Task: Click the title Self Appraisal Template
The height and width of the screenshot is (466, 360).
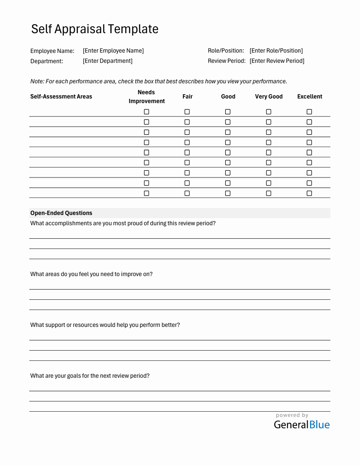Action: [95, 29]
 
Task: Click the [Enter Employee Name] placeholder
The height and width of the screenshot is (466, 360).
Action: [113, 51]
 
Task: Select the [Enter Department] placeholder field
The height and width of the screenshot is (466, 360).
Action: [108, 61]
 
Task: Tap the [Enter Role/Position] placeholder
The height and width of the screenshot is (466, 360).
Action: [276, 51]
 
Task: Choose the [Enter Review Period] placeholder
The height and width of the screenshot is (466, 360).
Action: [277, 61]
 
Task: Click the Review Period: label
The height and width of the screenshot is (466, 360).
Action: [227, 61]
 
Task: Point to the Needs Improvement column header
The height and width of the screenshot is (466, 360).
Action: [146, 97]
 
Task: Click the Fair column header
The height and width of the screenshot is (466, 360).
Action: [187, 97]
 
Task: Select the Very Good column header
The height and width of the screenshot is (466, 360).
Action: [269, 97]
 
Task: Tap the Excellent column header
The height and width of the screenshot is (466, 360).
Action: [310, 97]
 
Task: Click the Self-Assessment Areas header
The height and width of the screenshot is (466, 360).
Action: [61, 97]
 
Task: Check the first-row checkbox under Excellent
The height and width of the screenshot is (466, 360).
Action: [309, 112]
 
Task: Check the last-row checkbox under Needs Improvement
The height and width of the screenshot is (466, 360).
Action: [146, 193]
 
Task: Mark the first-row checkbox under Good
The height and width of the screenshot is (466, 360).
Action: [228, 112]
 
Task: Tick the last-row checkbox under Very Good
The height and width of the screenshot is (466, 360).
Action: [269, 193]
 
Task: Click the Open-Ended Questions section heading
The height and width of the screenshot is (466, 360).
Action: [61, 213]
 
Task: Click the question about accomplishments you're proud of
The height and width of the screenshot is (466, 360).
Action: [123, 223]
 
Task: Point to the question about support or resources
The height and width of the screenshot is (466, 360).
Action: [105, 325]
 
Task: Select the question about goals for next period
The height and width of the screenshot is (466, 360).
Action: [90, 376]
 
